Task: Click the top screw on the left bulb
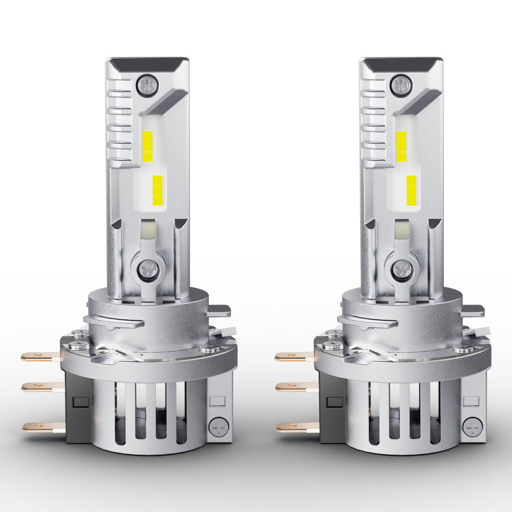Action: point(147,85)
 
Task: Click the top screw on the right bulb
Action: point(401,85)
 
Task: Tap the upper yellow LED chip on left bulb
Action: point(147,146)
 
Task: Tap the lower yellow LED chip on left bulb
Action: point(158,190)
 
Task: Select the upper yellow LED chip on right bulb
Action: point(401,146)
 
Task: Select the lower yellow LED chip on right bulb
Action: point(411,190)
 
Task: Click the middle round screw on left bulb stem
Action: point(148,267)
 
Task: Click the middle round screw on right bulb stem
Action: point(403,267)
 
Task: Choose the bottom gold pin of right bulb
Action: point(296,426)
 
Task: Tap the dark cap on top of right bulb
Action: point(401,61)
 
